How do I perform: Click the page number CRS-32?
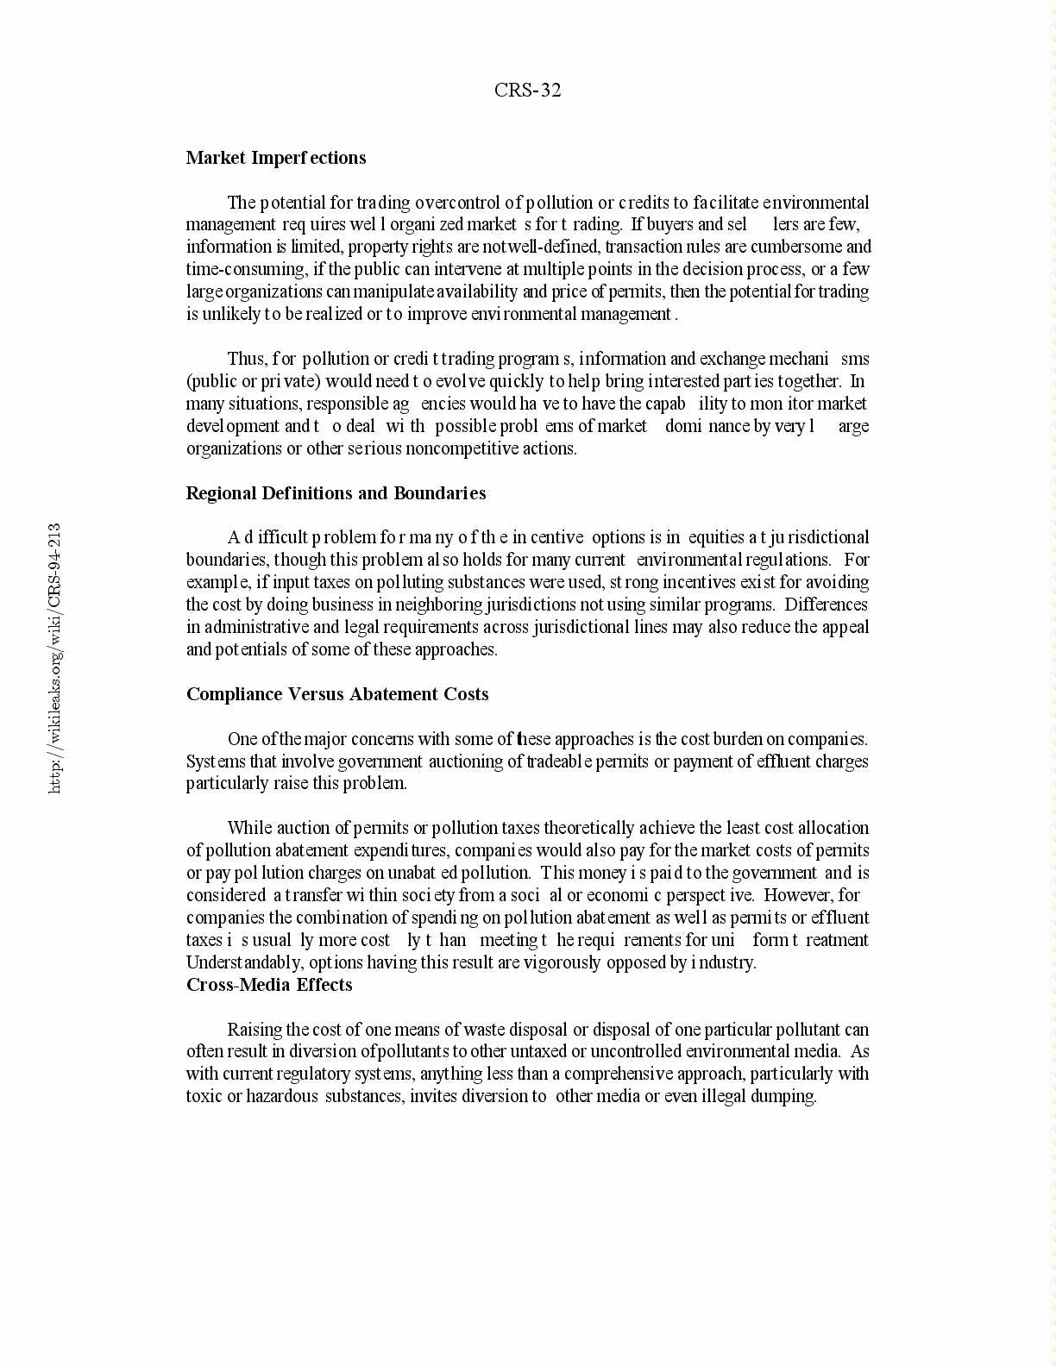527,91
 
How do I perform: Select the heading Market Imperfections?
276,158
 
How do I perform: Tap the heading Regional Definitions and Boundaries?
336,493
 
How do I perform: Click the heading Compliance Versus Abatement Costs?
337,694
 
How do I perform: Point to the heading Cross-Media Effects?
269,985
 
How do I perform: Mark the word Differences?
826,605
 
